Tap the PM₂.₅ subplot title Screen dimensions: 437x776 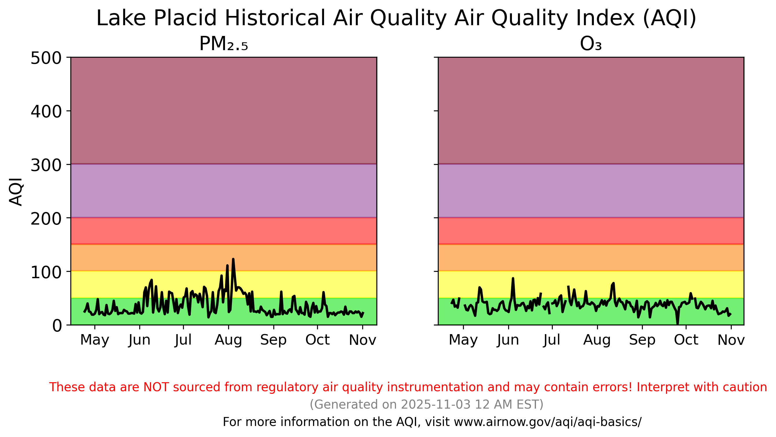pos(224,44)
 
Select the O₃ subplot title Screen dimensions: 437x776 pos(591,44)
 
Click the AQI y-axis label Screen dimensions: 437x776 pos(16,192)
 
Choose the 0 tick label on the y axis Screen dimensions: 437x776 pos(57,326)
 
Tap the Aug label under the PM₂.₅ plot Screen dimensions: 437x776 pos(228,340)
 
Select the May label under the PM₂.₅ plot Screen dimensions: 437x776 pos(95,340)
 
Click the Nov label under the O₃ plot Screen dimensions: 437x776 pos(731,340)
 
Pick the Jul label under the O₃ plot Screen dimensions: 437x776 pos(552,340)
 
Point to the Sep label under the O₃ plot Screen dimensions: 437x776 pos(642,340)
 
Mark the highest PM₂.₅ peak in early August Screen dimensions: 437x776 pos(233,259)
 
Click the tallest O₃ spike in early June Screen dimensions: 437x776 pos(513,279)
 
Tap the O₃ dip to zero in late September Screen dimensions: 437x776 pos(678,324)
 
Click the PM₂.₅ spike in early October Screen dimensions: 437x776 pos(323,292)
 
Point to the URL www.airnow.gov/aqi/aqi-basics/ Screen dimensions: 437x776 pos(547,422)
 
